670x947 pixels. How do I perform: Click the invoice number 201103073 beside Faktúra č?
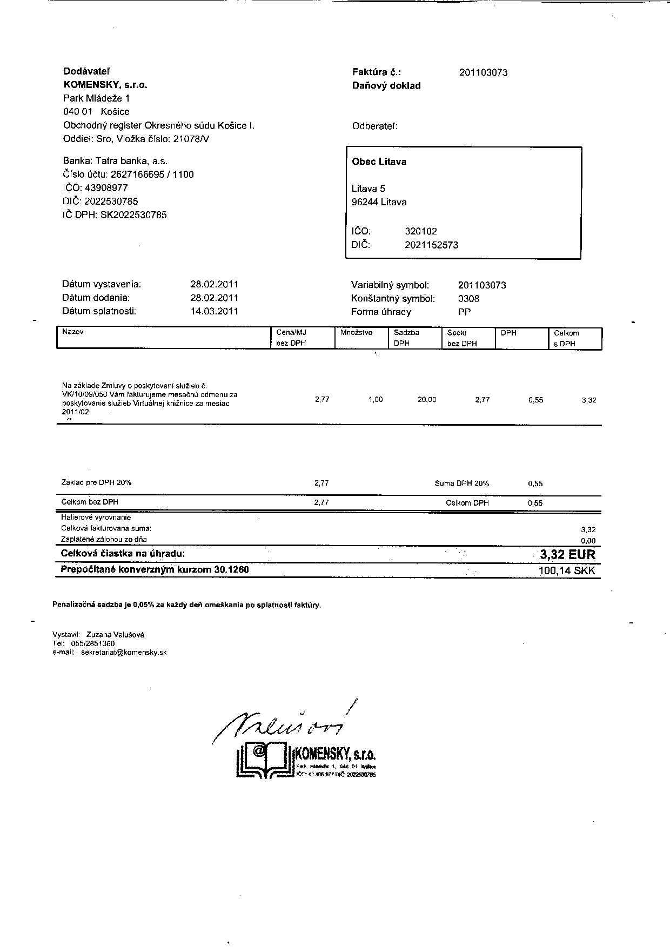click(x=483, y=72)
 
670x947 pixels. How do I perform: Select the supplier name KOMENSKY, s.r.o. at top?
click(x=105, y=85)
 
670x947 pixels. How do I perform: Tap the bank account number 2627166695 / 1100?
click(x=152, y=174)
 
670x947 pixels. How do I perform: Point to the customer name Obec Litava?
click(x=379, y=162)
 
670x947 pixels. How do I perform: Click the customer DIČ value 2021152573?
click(x=431, y=245)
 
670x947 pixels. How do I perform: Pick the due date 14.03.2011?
click(x=214, y=311)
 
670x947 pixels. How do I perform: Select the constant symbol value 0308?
click(x=468, y=299)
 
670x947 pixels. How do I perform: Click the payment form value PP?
click(x=464, y=312)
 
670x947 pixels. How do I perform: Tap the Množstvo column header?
click(x=356, y=333)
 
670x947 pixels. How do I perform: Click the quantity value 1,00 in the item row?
click(x=376, y=400)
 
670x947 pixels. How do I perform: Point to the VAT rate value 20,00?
click(x=427, y=400)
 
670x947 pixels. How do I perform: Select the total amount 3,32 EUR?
click(x=567, y=554)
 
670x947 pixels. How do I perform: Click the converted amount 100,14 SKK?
click(x=567, y=571)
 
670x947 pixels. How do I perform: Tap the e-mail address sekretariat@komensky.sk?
click(x=124, y=653)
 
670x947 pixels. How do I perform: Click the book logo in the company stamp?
click(x=262, y=759)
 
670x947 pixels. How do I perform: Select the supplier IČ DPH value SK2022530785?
click(x=133, y=215)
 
